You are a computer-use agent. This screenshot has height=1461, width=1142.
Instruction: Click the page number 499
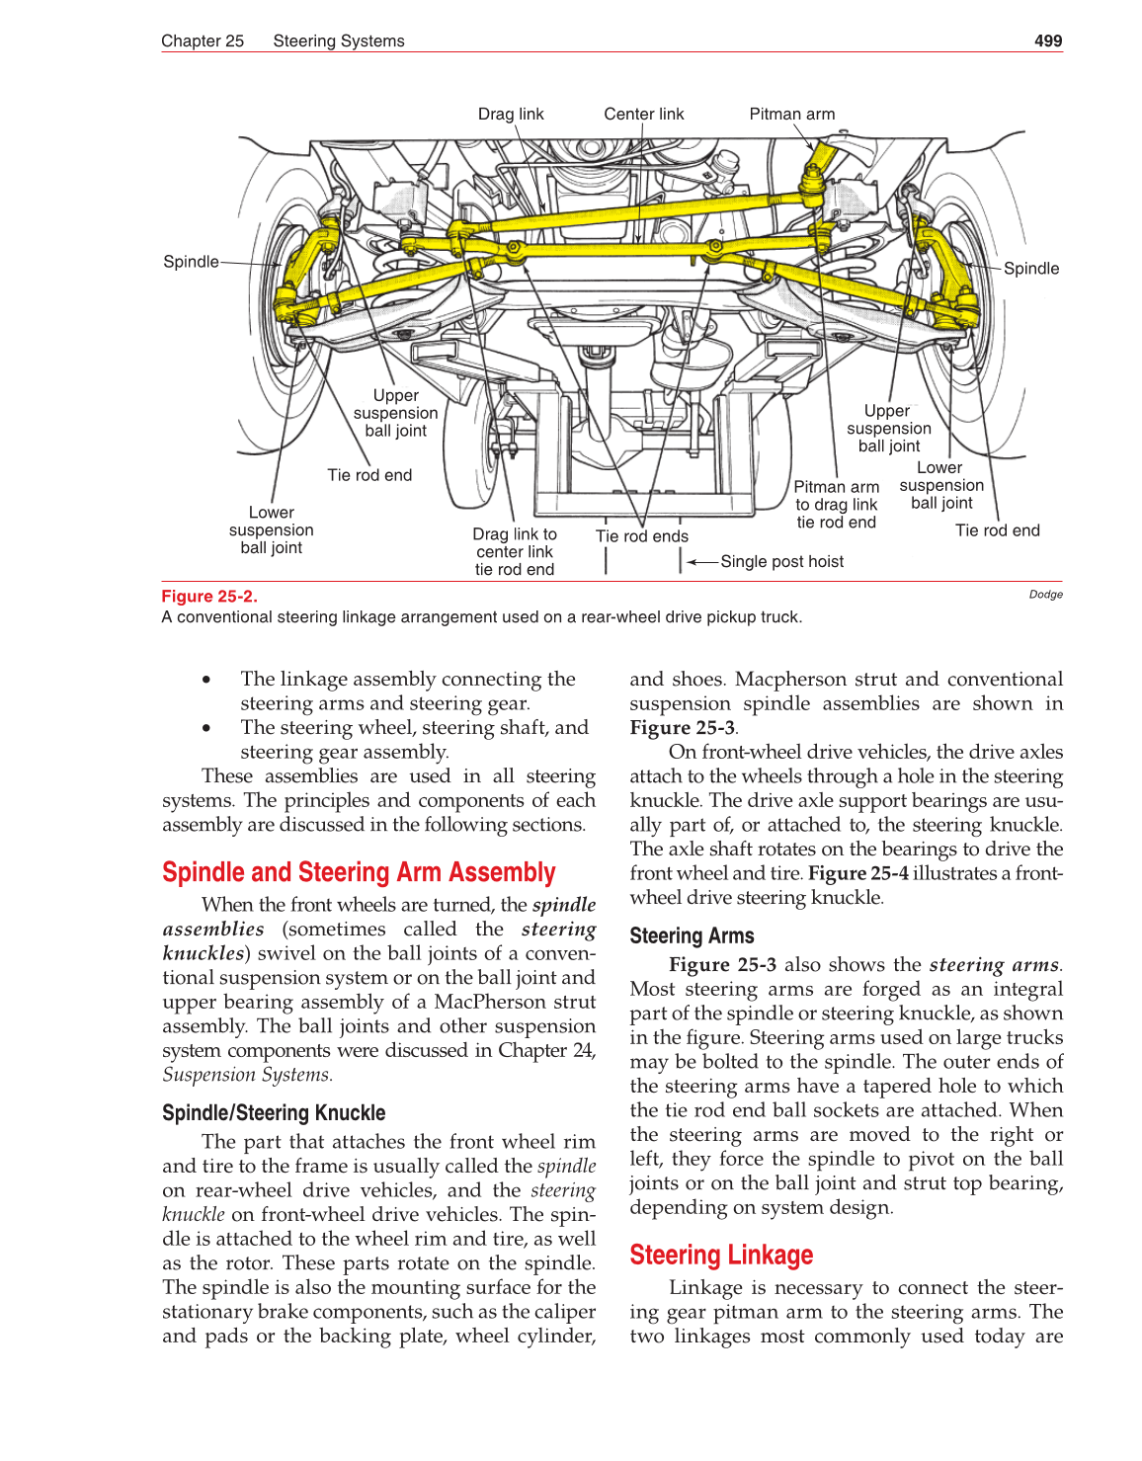point(1047,41)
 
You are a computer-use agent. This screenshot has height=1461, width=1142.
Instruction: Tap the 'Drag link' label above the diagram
point(511,114)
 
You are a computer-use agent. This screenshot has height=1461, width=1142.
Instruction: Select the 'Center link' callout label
point(643,114)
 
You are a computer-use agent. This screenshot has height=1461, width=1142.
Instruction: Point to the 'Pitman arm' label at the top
point(791,114)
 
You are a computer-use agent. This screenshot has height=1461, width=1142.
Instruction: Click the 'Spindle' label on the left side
point(191,262)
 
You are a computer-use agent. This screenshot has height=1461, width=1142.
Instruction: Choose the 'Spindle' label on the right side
point(1030,269)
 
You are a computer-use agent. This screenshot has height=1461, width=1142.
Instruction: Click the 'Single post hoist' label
point(781,561)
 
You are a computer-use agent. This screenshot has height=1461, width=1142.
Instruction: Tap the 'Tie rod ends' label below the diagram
point(641,536)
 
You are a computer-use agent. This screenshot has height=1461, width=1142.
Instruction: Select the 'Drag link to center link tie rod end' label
point(514,551)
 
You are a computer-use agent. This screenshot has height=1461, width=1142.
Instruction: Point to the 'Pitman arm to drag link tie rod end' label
point(836,505)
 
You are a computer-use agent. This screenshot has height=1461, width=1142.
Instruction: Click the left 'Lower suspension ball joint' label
point(271,530)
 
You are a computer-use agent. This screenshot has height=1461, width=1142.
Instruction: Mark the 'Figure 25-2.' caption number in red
point(208,596)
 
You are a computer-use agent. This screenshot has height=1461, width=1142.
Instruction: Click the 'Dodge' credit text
point(1045,595)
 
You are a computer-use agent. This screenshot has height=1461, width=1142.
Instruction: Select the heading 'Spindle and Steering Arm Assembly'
point(359,872)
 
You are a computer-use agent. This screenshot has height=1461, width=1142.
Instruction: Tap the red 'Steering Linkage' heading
point(721,1255)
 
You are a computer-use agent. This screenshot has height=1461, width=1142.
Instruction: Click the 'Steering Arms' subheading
point(692,935)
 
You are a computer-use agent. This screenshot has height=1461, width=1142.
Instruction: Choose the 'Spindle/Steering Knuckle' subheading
point(274,1112)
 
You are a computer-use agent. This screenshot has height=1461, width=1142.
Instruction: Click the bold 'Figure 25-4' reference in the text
point(857,873)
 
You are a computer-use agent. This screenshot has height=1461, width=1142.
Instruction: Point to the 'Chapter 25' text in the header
point(203,41)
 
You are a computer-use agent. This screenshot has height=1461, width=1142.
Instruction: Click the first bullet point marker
point(206,680)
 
